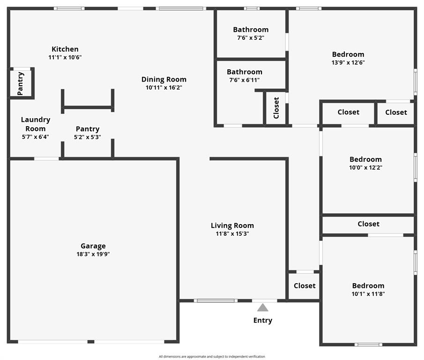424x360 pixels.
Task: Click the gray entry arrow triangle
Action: [x=263, y=307]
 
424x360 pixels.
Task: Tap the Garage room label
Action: [x=93, y=246]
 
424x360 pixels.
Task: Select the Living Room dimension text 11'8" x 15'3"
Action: [x=232, y=233]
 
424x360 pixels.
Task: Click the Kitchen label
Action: [x=65, y=49]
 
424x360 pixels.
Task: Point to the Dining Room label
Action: [x=164, y=79]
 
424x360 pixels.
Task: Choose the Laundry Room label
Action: [x=35, y=124]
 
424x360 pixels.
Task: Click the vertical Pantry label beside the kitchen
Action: [x=21, y=83]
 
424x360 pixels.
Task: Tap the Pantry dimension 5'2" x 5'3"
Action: [x=88, y=137]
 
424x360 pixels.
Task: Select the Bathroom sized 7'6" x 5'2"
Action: [x=251, y=30]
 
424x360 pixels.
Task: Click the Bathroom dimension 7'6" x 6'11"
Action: [x=244, y=80]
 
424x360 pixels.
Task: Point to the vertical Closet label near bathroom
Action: [x=276, y=108]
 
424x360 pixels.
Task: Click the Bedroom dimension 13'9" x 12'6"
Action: [x=348, y=62]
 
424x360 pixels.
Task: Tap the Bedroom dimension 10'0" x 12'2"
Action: [x=366, y=167]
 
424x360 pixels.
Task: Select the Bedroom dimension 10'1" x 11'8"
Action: [x=368, y=294]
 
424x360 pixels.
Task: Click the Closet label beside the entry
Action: [x=305, y=285]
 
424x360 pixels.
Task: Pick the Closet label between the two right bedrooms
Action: [x=369, y=224]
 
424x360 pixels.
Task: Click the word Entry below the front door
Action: [x=263, y=321]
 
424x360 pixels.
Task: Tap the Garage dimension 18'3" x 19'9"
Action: [x=93, y=254]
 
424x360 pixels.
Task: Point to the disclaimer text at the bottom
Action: [x=212, y=357]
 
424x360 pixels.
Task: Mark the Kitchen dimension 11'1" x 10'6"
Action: [x=65, y=57]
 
